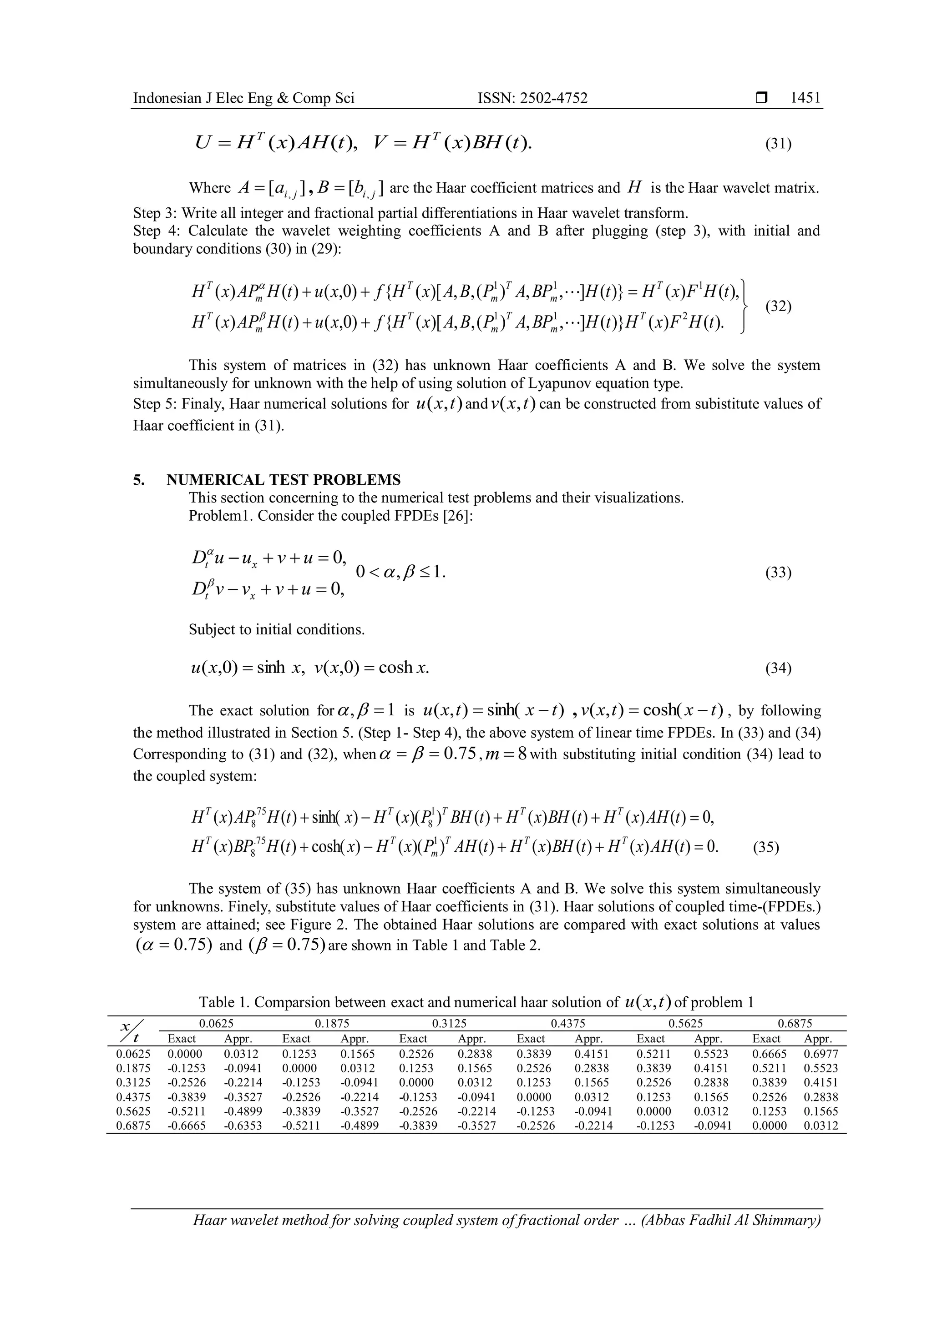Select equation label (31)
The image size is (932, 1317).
(778, 143)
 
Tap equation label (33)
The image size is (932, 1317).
(778, 573)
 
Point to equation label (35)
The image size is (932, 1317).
(765, 847)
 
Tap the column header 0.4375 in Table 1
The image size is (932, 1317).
(567, 1023)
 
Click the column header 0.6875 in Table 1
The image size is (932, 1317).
(795, 1023)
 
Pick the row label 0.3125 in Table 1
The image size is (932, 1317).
(133, 1082)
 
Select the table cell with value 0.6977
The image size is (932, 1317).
(821, 1054)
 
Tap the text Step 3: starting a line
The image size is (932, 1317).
(155, 213)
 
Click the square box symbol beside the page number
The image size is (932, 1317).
(761, 99)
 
